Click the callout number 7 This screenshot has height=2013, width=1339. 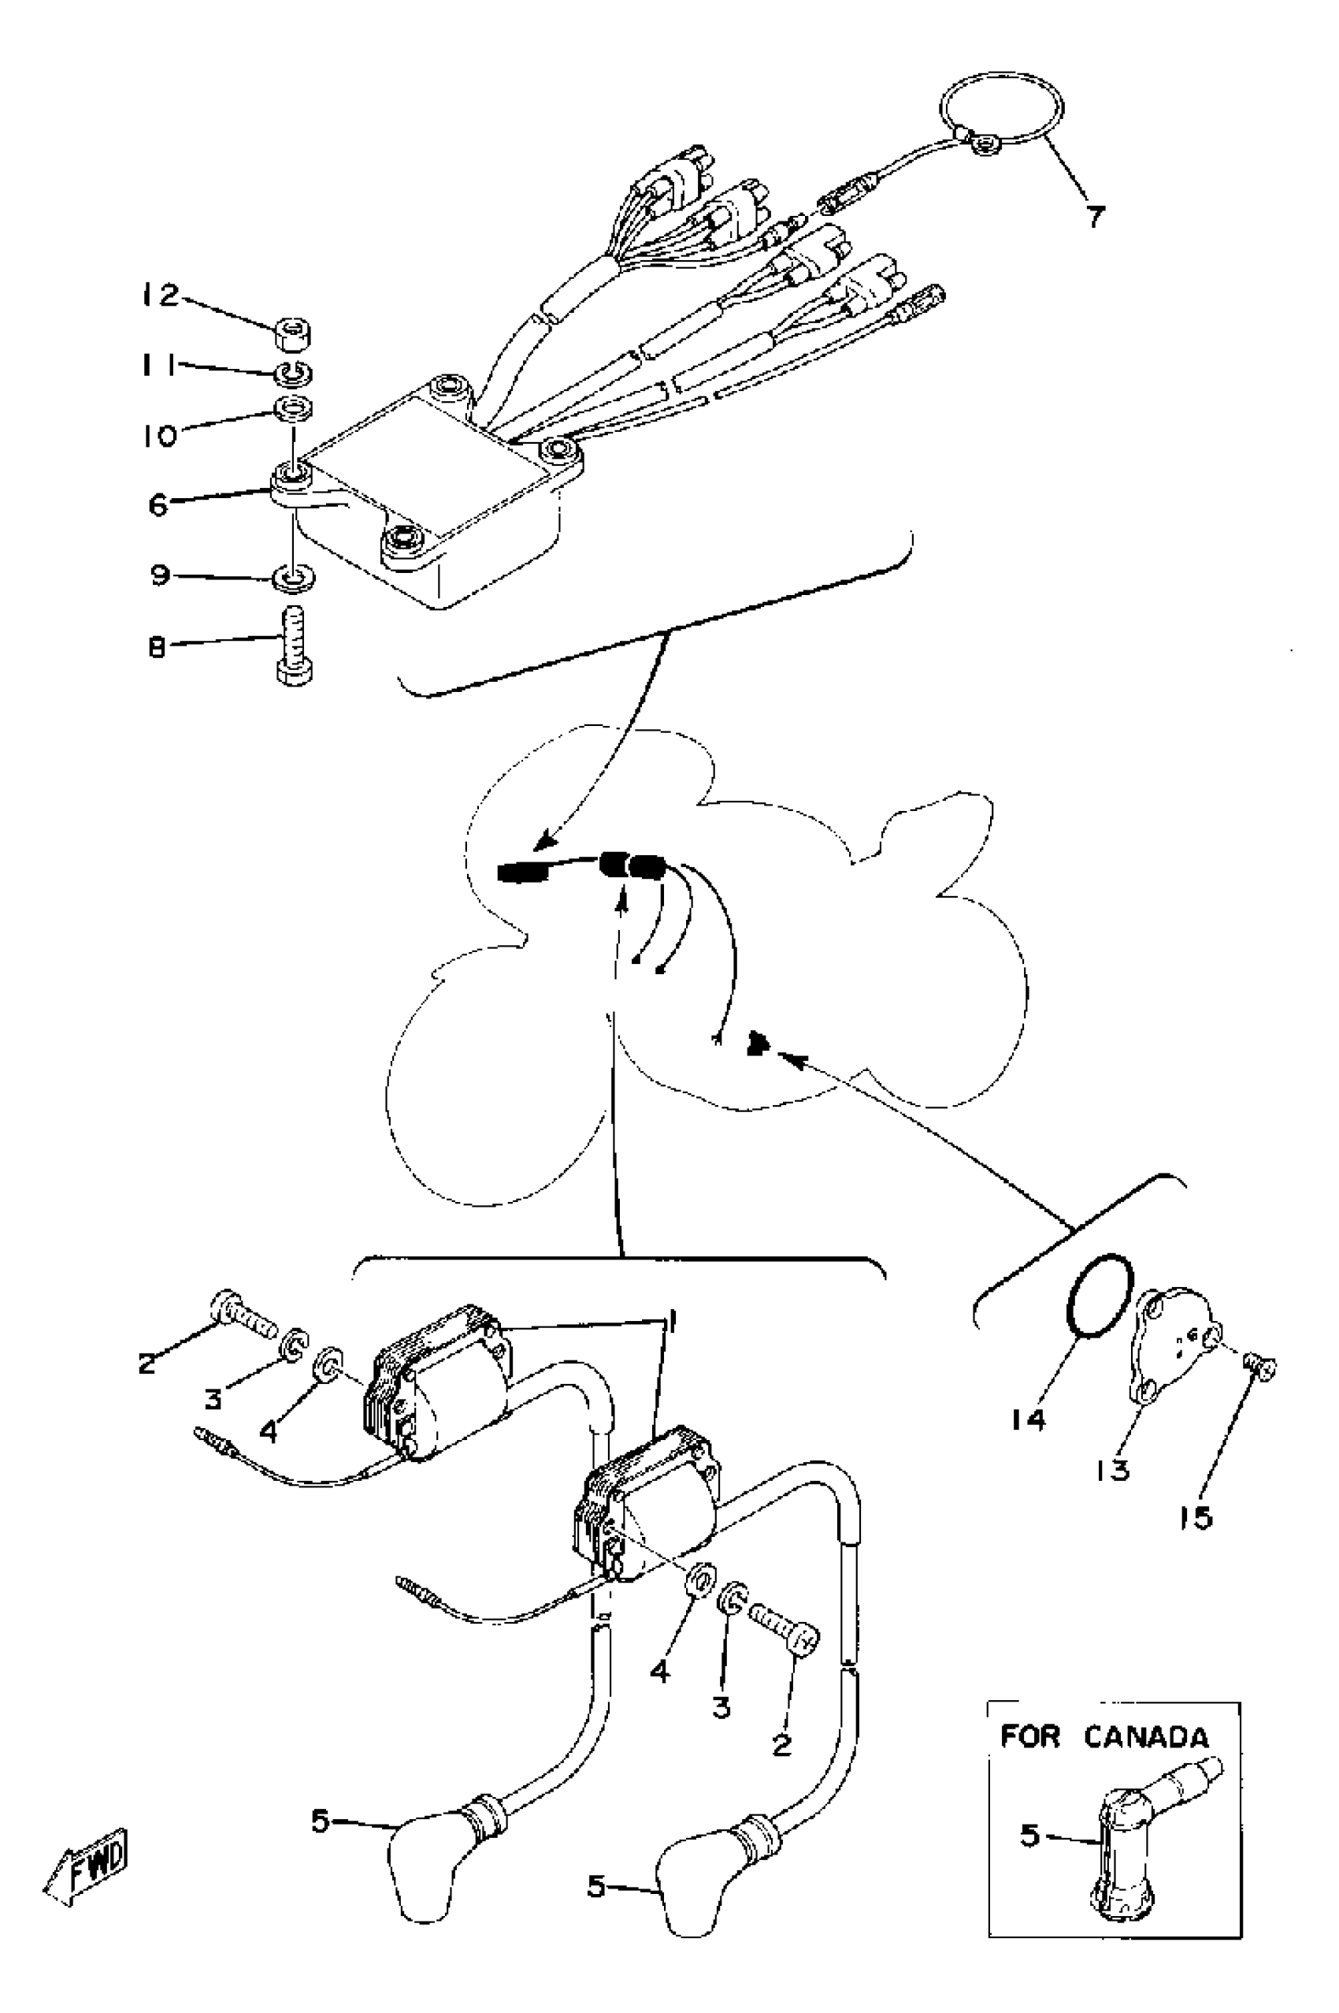pyautogui.click(x=1096, y=216)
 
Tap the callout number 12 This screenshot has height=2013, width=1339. pyautogui.click(x=161, y=296)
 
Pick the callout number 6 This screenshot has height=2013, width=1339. pyautogui.click(x=159, y=505)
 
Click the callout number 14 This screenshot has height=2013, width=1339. pyautogui.click(x=1028, y=1420)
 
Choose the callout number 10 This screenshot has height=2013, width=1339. pyautogui.click(x=159, y=436)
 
